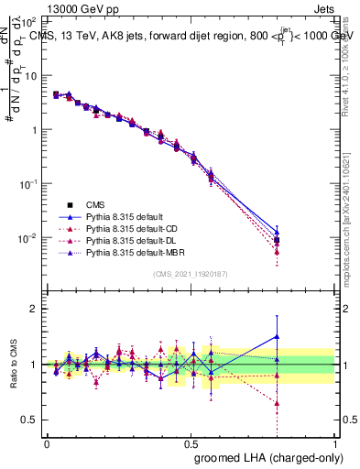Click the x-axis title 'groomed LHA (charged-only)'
(263, 457)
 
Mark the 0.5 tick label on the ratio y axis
(27, 420)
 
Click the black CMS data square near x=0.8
(277, 240)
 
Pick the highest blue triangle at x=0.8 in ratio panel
(277, 336)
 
